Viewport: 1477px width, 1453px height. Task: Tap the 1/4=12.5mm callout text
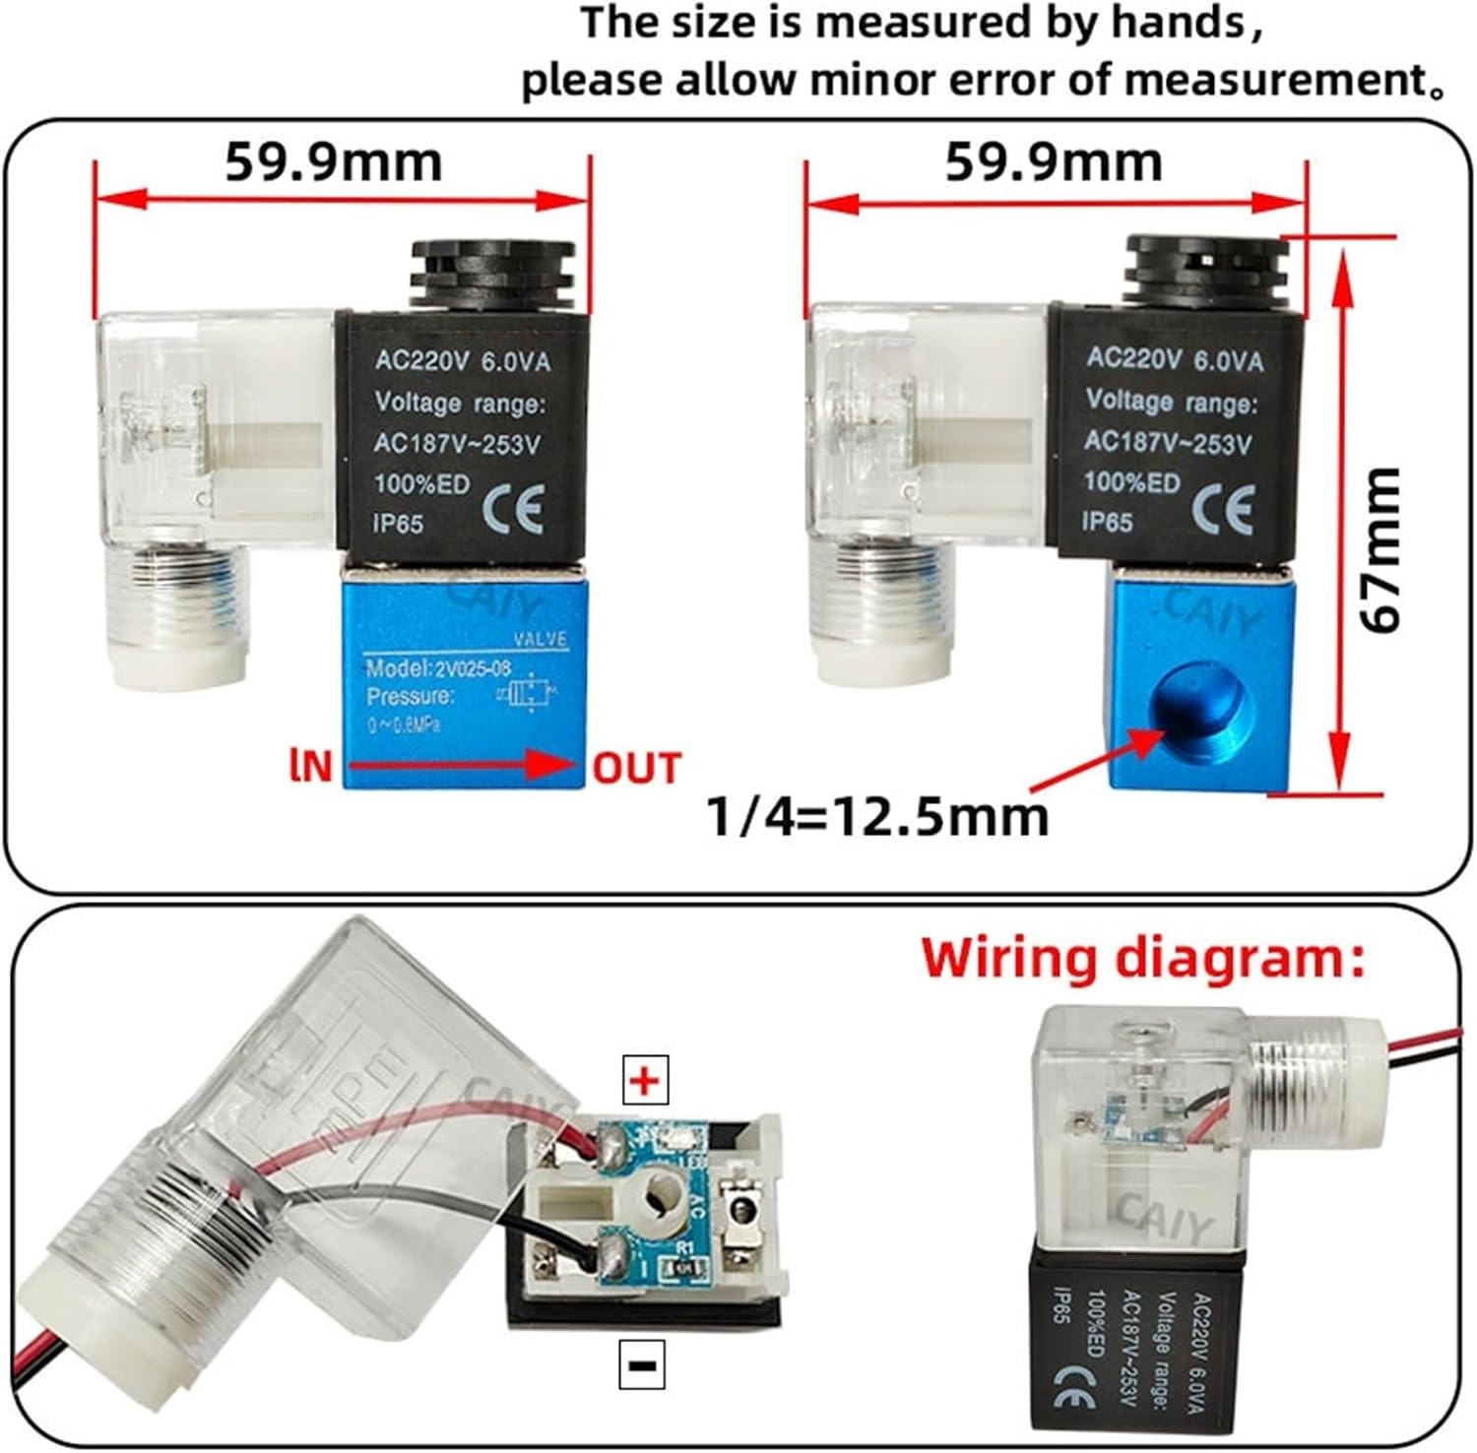pyautogui.click(x=879, y=816)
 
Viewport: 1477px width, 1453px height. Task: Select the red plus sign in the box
pyautogui.click(x=645, y=1081)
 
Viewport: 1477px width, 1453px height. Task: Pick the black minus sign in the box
pyautogui.click(x=642, y=1364)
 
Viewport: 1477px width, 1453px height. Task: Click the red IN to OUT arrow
pyautogui.click(x=463, y=765)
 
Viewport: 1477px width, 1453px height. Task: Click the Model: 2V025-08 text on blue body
pyautogui.click(x=438, y=669)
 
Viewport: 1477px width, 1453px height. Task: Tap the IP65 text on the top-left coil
pyautogui.click(x=398, y=523)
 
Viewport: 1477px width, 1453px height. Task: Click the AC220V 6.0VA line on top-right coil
pyautogui.click(x=1174, y=359)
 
